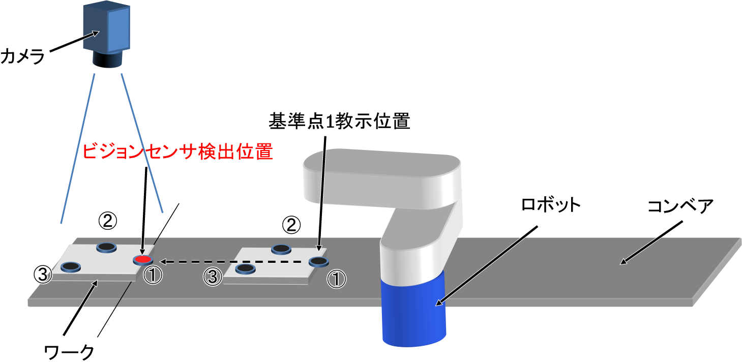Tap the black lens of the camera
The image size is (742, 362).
(x=107, y=61)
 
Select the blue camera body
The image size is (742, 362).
(x=107, y=29)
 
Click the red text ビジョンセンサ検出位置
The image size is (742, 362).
(x=177, y=152)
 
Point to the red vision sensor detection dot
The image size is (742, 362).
(x=142, y=260)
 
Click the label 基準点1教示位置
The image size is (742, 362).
(x=340, y=122)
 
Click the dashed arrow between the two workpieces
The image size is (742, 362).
(x=234, y=262)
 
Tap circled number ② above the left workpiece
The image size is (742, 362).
(x=107, y=221)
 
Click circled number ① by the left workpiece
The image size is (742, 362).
(x=153, y=277)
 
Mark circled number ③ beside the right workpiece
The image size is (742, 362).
(x=213, y=277)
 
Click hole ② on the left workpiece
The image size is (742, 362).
(x=106, y=247)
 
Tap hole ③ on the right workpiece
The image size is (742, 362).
(x=245, y=268)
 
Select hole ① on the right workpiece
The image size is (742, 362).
(x=318, y=262)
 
